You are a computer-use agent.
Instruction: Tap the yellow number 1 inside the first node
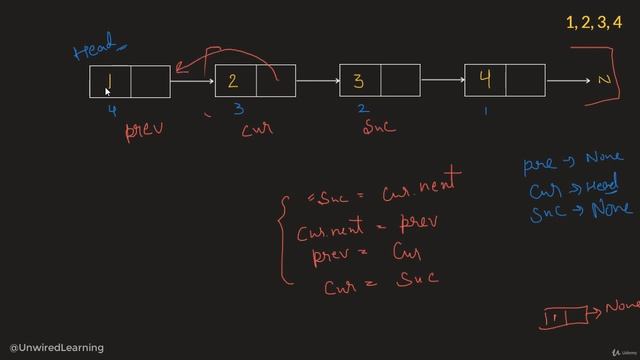108,80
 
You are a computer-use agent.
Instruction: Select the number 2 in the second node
234,81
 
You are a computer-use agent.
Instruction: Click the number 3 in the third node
359,81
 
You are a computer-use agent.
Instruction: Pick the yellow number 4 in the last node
485,80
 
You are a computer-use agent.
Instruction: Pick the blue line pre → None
572,159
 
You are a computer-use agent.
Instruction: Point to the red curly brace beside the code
284,237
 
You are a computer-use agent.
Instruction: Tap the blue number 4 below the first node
112,110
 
